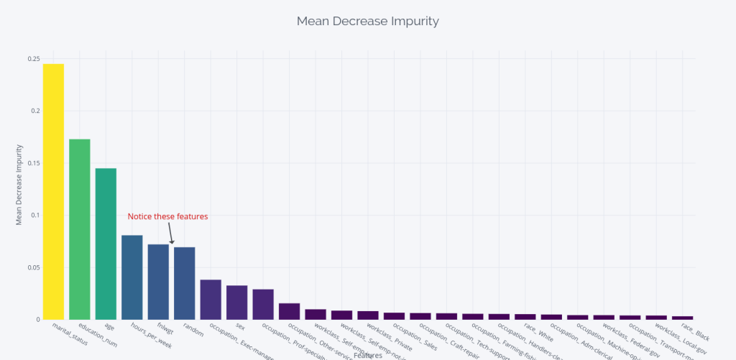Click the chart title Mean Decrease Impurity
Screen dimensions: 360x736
point(367,21)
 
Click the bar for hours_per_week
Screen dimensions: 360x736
point(132,277)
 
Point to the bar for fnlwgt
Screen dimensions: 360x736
point(158,281)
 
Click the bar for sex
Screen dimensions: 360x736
point(237,302)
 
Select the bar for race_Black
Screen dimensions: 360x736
point(683,317)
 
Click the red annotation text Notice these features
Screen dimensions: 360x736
point(167,216)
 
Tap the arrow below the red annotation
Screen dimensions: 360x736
point(171,234)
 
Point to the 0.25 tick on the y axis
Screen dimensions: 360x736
point(34,59)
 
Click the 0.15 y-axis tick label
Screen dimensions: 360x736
point(34,163)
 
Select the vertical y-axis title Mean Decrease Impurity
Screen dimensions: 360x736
point(19,185)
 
